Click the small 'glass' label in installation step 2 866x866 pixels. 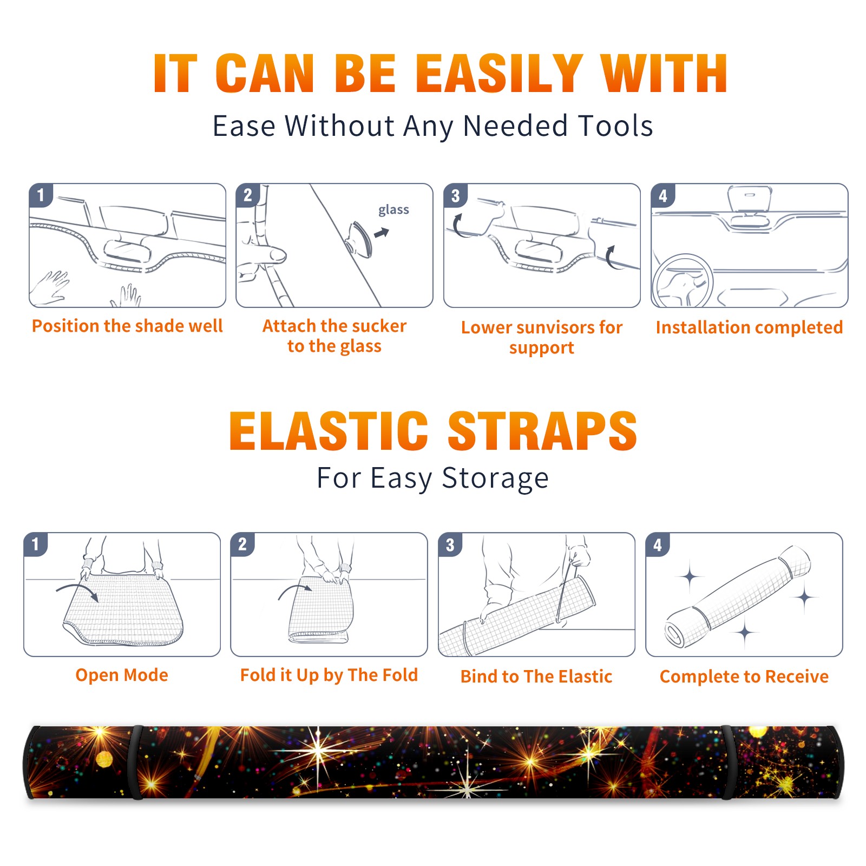(393, 210)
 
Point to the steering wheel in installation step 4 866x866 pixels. (683, 281)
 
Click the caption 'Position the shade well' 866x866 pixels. (127, 326)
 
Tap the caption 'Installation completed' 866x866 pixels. (749, 327)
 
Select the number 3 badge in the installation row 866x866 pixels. (455, 195)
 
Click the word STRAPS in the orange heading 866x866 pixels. (542, 431)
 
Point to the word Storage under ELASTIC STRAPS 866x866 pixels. (495, 478)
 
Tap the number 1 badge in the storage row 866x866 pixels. (36, 544)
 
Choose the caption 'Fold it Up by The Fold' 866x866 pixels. (329, 675)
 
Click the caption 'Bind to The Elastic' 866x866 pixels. (536, 677)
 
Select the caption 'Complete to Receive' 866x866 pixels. (744, 677)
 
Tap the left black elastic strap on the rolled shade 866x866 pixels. (136, 762)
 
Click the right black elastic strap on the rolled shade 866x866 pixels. (727, 762)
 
